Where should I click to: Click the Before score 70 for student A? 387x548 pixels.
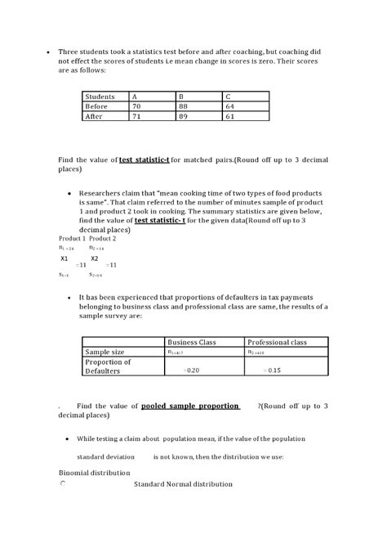pos(138,106)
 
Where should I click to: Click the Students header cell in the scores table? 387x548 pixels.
pos(100,97)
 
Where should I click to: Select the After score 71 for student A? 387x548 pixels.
pos(138,116)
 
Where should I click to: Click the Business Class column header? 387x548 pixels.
pos(191,342)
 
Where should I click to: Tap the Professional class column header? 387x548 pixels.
pos(277,342)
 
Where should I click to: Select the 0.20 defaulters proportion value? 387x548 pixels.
pos(192,371)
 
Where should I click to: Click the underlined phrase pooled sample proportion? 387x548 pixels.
pos(190,406)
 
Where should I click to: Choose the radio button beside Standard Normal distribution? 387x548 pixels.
pos(63,484)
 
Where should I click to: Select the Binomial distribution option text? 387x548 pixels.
pos(94,473)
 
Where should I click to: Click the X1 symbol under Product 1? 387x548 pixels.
pos(65,258)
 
